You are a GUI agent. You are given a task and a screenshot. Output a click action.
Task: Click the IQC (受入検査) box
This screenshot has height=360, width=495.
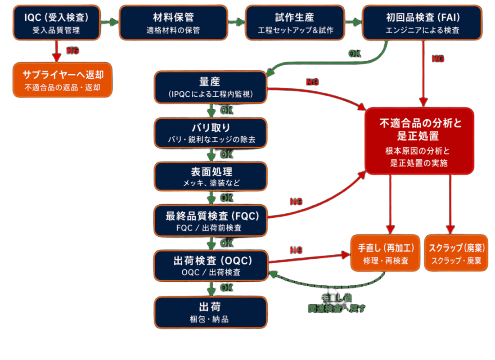coord(56,22)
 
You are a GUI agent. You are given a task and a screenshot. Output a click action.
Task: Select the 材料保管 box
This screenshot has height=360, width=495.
coord(173,22)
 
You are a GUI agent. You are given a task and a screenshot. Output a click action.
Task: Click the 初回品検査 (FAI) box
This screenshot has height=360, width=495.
coord(422,22)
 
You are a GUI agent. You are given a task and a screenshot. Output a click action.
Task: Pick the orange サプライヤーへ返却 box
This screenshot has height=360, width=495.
coord(63,80)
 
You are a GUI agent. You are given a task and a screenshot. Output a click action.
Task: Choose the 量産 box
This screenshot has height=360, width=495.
coord(211,87)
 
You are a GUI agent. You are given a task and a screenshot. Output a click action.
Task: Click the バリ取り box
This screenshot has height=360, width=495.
coord(211,133)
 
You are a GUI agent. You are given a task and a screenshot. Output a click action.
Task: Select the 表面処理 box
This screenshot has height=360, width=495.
coord(211,176)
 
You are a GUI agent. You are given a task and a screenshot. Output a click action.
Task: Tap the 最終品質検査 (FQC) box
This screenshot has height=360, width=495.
coord(211,221)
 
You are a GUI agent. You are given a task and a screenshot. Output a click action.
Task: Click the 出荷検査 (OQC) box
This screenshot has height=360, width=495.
coord(211,265)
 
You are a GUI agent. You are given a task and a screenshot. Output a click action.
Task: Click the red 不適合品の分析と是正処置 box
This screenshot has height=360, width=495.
coord(419,141)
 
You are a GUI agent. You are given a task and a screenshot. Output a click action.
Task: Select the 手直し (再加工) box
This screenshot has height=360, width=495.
coord(386,253)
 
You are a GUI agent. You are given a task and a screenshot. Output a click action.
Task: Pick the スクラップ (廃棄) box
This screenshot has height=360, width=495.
coord(456,253)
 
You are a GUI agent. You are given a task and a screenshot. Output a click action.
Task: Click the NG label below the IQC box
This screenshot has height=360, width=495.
coord(72,51)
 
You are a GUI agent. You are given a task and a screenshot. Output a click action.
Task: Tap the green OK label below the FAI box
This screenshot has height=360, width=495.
coord(355,54)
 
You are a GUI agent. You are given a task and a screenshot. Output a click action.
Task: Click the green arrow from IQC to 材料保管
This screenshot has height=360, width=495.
coord(108,22)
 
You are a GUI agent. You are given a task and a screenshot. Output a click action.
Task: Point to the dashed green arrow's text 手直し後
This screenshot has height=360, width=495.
coord(336,298)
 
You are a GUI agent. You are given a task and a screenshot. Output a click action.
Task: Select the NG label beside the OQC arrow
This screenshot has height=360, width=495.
coord(296,251)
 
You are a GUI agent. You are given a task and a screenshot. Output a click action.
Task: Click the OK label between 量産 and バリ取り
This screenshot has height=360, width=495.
coord(227,110)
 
